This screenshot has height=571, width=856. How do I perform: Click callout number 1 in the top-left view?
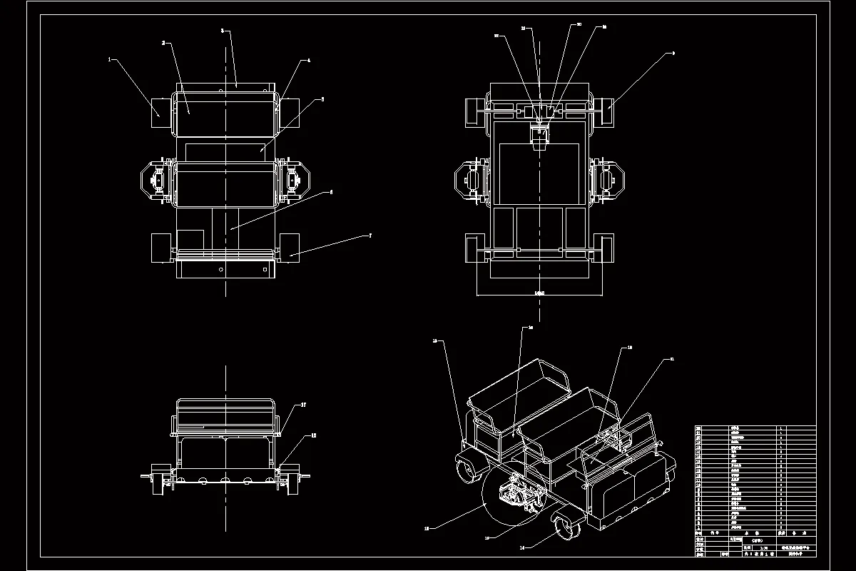coord(110,60)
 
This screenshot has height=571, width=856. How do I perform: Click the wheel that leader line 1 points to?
coord(158,113)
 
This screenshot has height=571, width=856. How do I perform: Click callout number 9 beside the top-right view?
coord(673,53)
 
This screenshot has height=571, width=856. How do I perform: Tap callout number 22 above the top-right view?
coord(496,35)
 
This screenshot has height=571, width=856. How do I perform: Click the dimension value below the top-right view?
coord(539,293)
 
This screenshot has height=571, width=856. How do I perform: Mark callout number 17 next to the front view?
coord(303,405)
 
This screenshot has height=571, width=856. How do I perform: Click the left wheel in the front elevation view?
coord(155,482)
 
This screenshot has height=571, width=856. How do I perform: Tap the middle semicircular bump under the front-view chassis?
coord(225,480)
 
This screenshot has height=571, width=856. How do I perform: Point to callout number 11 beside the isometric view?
coord(671,359)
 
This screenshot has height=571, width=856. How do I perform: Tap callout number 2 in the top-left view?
coord(163,43)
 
